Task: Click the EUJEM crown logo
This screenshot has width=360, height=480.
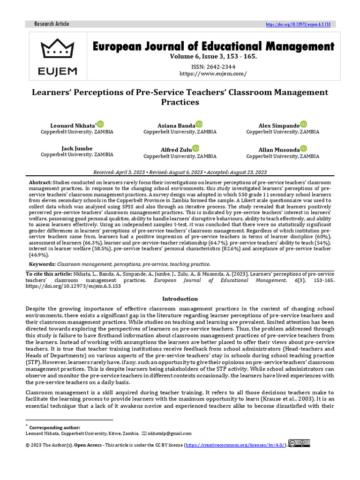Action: click(x=59, y=57)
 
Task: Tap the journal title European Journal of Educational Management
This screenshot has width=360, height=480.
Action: click(x=213, y=46)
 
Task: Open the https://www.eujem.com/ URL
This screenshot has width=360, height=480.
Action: click(x=213, y=74)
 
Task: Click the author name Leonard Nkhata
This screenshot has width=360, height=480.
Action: click(x=72, y=126)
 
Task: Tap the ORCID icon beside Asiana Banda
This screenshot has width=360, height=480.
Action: click(x=199, y=125)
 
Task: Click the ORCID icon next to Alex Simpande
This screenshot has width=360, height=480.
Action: click(x=303, y=125)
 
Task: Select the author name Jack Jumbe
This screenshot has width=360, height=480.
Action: click(x=77, y=148)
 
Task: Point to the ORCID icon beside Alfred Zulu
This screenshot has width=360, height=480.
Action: click(x=195, y=149)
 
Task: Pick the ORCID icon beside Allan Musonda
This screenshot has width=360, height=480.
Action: click(x=303, y=149)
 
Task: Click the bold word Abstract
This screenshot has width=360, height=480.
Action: click(x=40, y=182)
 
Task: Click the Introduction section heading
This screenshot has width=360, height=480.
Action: click(x=180, y=299)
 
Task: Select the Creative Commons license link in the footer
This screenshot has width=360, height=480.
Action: click(x=235, y=444)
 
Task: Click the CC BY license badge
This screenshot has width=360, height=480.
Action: click(x=299, y=443)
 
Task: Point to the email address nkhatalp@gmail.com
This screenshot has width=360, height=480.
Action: click(x=169, y=434)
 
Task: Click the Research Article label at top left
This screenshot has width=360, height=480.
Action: click(x=52, y=24)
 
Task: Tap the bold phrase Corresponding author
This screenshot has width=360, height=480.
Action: click(x=55, y=427)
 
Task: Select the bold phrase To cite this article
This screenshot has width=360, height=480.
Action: click(x=48, y=274)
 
